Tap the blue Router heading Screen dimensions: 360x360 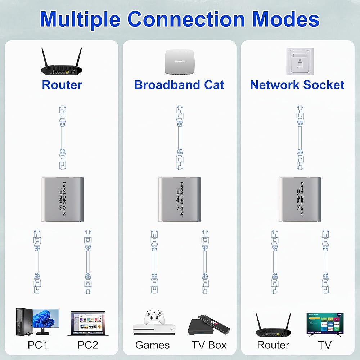click(62, 85)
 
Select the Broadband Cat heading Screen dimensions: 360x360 click(179, 85)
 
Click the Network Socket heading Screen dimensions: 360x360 click(297, 85)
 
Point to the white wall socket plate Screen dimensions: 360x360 click(300, 61)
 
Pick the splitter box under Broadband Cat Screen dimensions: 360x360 click(180, 199)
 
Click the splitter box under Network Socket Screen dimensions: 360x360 click(300, 199)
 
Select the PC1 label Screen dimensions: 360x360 click(38, 345)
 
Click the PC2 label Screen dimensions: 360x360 click(87, 345)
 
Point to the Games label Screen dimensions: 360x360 click(152, 345)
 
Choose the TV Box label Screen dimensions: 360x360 click(209, 345)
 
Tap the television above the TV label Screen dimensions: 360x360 click(325, 324)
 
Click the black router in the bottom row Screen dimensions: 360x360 click(273, 326)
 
